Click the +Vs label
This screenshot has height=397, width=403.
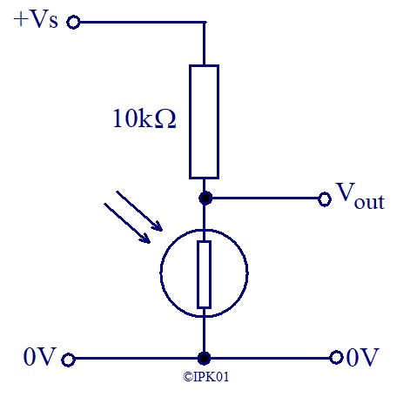(36, 20)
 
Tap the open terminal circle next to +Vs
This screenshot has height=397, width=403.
(73, 22)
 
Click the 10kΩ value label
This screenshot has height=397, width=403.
(144, 118)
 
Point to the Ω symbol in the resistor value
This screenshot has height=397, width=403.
(165, 118)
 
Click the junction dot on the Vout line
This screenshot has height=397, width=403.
(205, 198)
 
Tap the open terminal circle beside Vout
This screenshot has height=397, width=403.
(325, 199)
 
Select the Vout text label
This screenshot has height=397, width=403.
(360, 196)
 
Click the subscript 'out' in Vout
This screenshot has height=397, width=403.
(369, 202)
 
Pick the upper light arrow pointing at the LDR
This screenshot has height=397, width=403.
(139, 211)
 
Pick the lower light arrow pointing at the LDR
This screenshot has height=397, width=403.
(127, 223)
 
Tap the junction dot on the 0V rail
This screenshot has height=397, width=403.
(204, 358)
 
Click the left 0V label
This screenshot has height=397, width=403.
(39, 357)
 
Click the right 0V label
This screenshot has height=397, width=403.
(363, 357)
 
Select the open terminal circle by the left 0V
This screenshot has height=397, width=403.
(68, 360)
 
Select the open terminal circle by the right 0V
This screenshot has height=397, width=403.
(336, 358)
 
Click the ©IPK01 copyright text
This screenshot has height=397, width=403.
(205, 377)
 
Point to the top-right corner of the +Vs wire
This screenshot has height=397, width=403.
(205, 22)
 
